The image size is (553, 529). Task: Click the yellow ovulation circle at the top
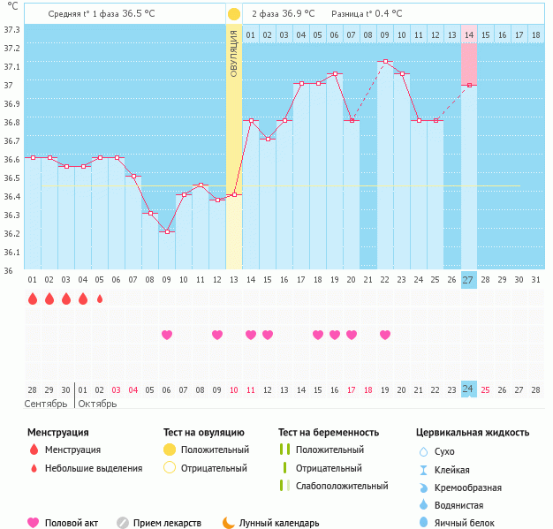(x=233, y=14)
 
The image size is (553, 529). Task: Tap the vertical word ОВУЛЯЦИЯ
(x=233, y=53)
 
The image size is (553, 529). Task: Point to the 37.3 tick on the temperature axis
(x=12, y=30)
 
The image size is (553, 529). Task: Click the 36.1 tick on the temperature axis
(x=12, y=253)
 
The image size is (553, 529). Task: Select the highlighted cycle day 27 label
(x=468, y=280)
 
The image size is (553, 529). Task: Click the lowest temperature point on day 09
(x=167, y=231)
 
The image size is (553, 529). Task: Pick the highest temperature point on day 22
(x=385, y=62)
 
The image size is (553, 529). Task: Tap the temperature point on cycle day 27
(x=469, y=85)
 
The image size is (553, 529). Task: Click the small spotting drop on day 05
(x=100, y=299)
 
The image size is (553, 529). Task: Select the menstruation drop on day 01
(x=33, y=299)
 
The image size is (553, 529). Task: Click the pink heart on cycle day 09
(x=167, y=335)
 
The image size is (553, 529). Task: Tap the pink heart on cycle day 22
(x=385, y=335)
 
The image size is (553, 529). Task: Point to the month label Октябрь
(x=97, y=404)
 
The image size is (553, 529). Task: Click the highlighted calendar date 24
(x=468, y=389)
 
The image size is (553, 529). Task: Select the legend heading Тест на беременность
(x=329, y=433)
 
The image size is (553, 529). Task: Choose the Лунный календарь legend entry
(x=277, y=523)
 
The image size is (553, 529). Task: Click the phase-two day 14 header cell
(x=469, y=35)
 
